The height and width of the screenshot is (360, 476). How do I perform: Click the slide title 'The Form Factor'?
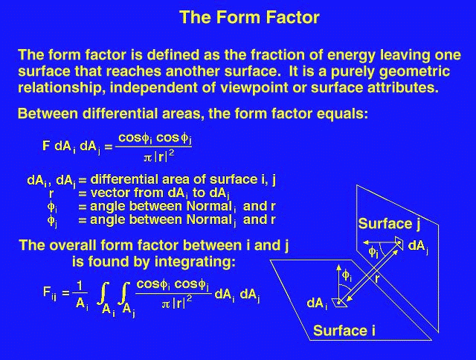click(249, 17)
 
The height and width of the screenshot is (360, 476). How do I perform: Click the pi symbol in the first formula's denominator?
click(147, 158)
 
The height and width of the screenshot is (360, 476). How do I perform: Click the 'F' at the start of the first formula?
click(46, 146)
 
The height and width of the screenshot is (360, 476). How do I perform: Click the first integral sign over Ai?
click(103, 293)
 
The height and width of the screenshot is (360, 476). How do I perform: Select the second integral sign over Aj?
click(123, 293)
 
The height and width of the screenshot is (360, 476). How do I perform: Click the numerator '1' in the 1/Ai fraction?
click(80, 286)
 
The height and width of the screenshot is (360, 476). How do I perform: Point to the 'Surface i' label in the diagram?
click(344, 330)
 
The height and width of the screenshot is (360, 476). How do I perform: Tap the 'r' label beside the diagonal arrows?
click(377, 279)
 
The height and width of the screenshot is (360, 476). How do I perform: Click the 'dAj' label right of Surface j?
click(418, 246)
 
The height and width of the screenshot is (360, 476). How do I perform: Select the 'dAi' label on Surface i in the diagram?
click(318, 303)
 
